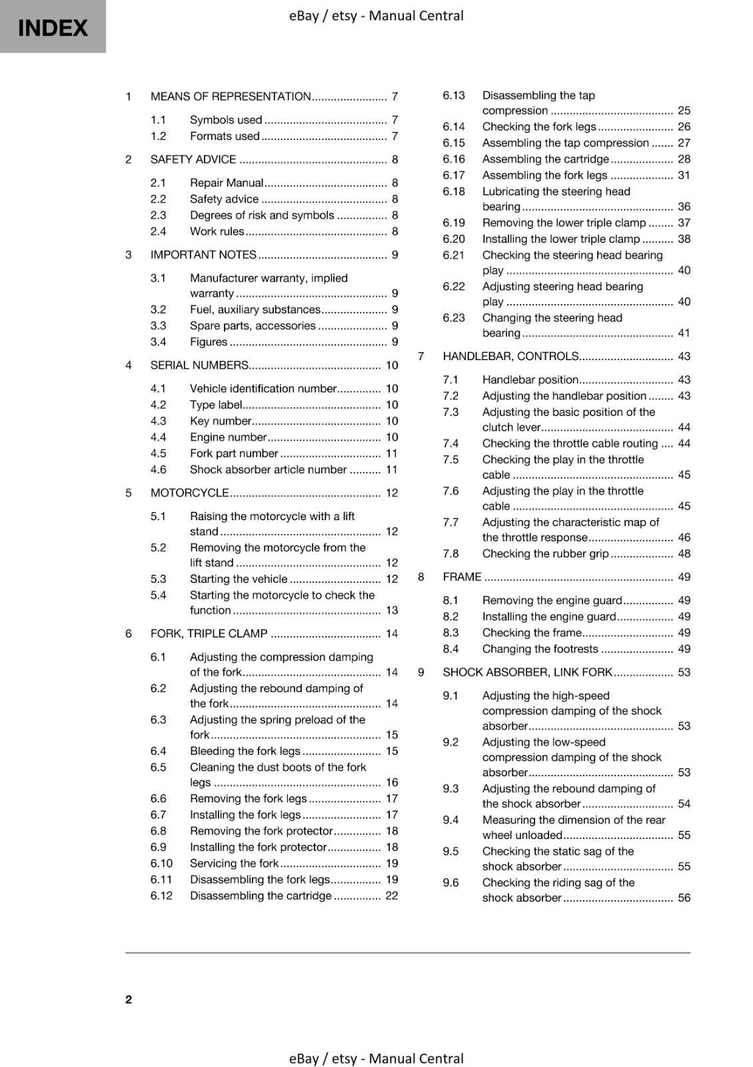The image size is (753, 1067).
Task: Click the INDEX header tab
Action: (53, 27)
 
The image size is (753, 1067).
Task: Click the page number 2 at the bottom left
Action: (129, 999)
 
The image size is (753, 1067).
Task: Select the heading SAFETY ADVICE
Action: (193, 159)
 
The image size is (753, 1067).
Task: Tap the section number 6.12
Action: (161, 896)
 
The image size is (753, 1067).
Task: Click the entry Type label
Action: (216, 405)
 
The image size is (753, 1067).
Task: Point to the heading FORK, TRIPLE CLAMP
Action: (209, 634)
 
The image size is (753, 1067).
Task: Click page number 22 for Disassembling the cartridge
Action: (391, 896)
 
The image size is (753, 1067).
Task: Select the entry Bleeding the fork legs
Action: (245, 751)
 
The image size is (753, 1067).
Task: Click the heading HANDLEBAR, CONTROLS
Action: (510, 356)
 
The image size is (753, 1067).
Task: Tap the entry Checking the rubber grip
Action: (545, 554)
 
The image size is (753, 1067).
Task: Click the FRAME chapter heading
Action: (462, 577)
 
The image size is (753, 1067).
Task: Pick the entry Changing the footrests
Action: (540, 649)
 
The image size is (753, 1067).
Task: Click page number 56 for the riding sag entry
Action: (684, 898)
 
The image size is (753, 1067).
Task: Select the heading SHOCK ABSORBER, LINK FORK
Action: (527, 672)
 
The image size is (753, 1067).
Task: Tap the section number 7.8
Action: (450, 554)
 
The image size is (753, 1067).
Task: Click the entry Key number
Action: (221, 421)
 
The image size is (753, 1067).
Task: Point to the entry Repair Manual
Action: (227, 183)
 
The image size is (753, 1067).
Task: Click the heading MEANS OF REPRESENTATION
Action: (231, 97)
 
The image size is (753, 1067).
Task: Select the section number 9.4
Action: (450, 820)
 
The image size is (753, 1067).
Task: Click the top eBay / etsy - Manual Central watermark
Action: (376, 15)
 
